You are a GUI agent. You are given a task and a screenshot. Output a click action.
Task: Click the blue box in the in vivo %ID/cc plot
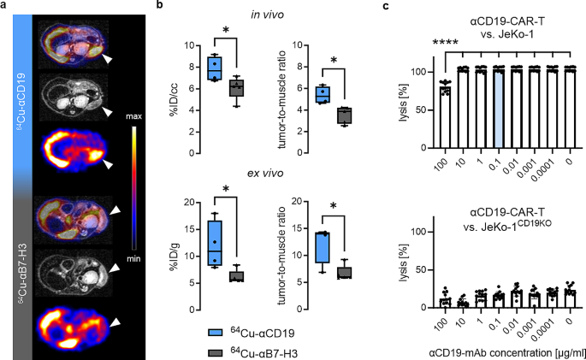[216, 67]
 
